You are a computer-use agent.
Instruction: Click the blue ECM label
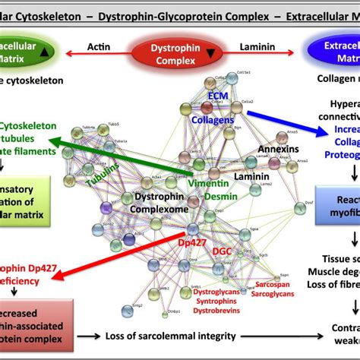[x=219, y=97]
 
